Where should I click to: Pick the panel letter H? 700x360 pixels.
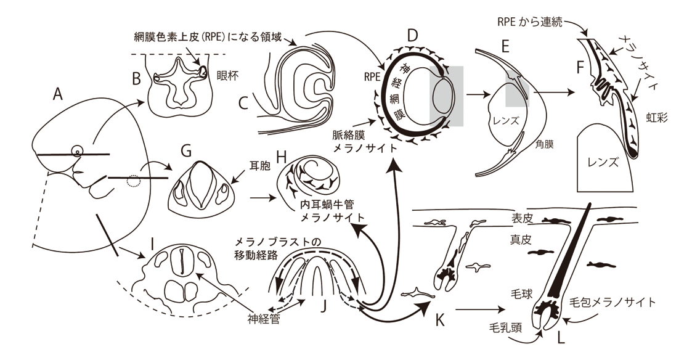tap(282, 158)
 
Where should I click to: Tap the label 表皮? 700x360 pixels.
tap(522, 218)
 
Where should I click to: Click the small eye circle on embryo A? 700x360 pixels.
tap(78, 150)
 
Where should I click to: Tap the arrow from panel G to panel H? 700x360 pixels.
tap(263, 198)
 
